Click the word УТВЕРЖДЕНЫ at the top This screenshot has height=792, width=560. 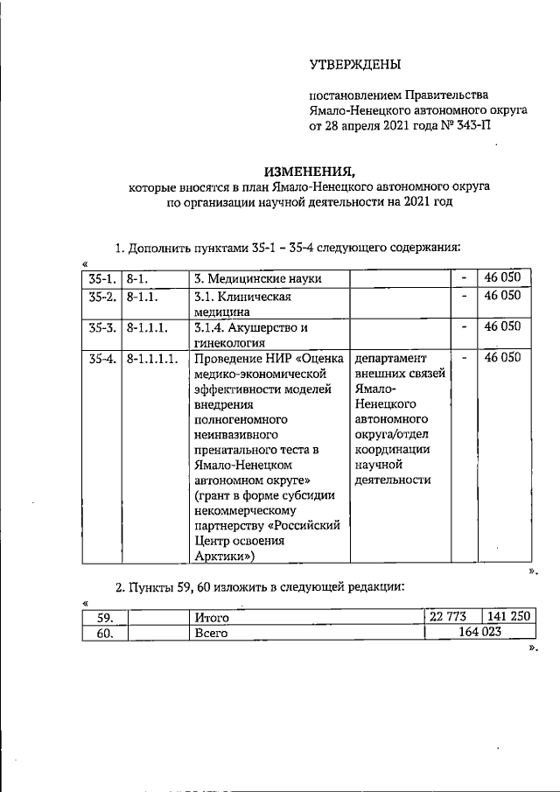[355, 65]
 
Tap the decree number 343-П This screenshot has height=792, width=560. [469, 125]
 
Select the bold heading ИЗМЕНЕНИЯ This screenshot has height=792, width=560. [310, 172]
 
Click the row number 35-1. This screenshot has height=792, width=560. [101, 279]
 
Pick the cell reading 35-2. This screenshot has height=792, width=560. [101, 297]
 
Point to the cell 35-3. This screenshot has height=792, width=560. [101, 327]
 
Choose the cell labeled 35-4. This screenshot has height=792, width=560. [101, 359]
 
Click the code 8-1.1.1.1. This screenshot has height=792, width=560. [152, 359]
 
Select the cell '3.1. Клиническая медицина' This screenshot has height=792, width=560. [241, 304]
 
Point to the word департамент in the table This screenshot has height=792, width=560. [388, 359]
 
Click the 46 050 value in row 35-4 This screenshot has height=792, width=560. [502, 359]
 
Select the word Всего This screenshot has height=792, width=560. [210, 634]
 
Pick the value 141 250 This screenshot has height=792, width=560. [508, 617]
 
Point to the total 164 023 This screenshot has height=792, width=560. [478, 634]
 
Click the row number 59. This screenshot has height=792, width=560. [105, 618]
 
